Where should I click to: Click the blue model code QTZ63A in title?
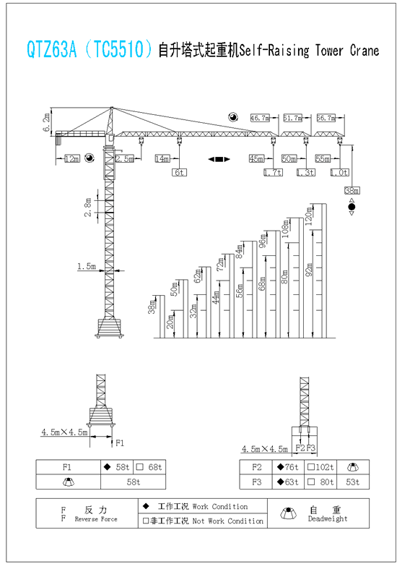tap(52, 49)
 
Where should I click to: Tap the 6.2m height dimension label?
tap(47, 123)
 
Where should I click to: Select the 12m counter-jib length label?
tap(72, 158)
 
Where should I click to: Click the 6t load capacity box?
tap(179, 173)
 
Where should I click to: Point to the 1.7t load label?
tap(273, 173)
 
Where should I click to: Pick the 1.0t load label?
tap(339, 173)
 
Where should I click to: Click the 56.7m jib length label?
tap(326, 118)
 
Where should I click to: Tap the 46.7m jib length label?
tap(260, 118)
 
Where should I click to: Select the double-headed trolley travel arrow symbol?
tap(219, 159)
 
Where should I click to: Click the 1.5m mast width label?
tap(87, 267)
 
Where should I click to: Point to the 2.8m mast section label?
tap(88, 208)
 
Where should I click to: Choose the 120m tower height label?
tap(308, 216)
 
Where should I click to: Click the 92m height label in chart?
tap(309, 270)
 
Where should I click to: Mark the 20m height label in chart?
tap(170, 321)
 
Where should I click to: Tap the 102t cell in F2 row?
tap(320, 467)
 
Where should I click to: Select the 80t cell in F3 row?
tap(320, 482)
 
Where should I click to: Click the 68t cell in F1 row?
tap(149, 467)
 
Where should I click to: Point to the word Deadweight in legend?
tap(328, 518)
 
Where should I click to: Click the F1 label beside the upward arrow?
tap(120, 443)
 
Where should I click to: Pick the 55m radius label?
tap(323, 158)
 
